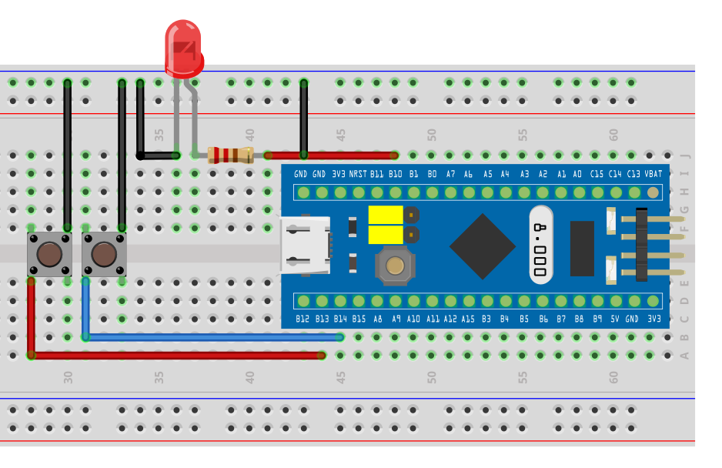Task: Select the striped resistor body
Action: point(229,155)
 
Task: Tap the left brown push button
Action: point(49,254)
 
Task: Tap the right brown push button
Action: point(104,254)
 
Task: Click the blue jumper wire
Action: point(216,336)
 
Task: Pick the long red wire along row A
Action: point(177,355)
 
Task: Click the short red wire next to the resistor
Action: point(331,155)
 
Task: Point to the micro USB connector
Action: point(305,246)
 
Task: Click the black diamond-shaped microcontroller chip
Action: point(483,246)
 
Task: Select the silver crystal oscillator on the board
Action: point(541,246)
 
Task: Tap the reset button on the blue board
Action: point(395,266)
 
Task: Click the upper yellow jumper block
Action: point(386,215)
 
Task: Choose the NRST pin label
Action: point(358,175)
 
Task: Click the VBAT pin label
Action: point(653,175)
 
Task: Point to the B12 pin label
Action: point(303,318)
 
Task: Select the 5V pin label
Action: point(615,318)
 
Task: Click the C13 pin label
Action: point(633,175)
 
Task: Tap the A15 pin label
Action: point(468,318)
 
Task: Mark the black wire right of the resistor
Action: point(304,115)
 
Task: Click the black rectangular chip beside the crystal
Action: point(582,248)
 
